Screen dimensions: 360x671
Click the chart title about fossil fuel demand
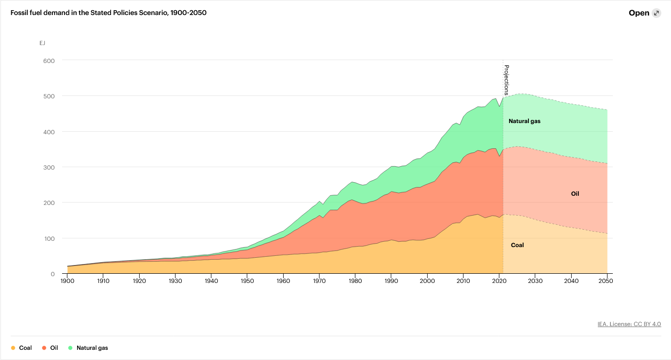109,13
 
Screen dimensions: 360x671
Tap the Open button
639,13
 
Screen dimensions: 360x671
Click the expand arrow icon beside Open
656,13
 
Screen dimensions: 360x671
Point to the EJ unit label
42,43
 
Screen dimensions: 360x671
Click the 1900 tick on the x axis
67,281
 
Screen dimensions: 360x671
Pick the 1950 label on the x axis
247,281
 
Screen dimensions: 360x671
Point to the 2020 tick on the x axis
499,281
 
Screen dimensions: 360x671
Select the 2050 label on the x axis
607,281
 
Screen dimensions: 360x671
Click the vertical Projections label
507,80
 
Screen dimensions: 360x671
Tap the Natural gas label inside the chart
524,121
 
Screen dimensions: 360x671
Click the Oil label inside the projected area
575,193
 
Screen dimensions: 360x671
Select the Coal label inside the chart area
517,245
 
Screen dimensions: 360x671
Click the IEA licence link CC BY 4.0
629,324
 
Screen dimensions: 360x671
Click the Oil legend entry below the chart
50,348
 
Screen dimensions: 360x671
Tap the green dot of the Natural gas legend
70,348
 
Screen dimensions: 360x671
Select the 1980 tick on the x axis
355,281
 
